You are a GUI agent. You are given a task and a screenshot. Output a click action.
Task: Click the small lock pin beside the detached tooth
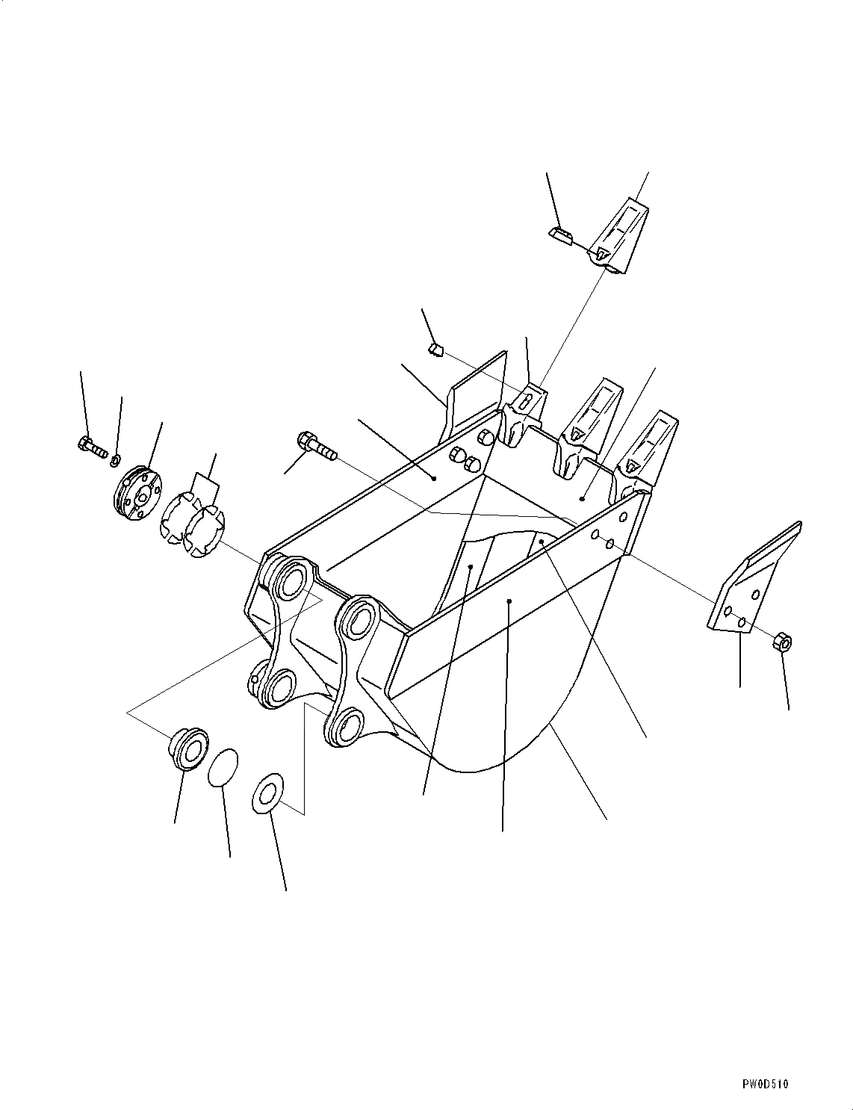click(560, 235)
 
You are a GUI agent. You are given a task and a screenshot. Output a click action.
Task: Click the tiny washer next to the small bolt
click(116, 458)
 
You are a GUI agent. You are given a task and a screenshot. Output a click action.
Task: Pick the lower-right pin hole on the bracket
click(345, 724)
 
